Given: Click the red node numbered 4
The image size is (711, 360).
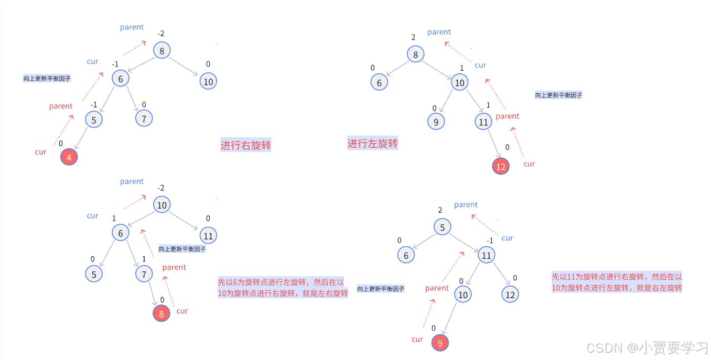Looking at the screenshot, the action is coord(69,157).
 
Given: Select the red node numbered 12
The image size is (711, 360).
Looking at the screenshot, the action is coord(501,166).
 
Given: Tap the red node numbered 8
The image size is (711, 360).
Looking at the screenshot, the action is coord(161,314).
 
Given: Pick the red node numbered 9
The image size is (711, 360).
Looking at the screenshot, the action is coord(440,343).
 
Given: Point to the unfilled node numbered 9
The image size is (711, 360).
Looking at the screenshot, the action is coord(436,122).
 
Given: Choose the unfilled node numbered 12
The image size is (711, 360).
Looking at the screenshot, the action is coord(510,294).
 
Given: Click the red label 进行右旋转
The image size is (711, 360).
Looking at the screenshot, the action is coord(245,145).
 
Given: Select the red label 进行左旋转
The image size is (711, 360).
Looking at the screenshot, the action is coord(372,143).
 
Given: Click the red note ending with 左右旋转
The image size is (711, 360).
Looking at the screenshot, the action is coord(283,288).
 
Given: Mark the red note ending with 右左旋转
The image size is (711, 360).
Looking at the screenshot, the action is coord(617,282).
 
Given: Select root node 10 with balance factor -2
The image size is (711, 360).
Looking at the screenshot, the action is coord(162,205).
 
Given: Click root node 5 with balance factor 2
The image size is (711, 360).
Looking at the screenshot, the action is coord(443,227).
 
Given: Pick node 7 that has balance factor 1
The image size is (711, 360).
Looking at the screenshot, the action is coord(144,274).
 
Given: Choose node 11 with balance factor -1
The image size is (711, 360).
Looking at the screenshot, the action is coord(486,255).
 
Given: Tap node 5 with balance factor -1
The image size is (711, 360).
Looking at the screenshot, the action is coord(94,120).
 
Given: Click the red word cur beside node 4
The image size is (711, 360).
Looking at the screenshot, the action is coord(41,152).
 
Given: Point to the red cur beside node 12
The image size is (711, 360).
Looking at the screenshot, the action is coord(529,164).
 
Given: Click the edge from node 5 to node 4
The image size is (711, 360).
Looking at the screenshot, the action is coord(81,139).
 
